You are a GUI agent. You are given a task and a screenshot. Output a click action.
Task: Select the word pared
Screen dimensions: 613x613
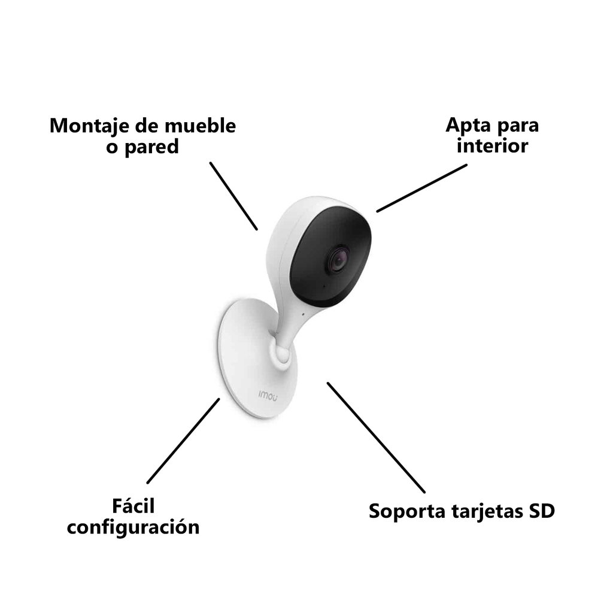tap(151, 148)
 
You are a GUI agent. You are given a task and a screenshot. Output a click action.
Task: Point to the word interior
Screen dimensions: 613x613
tap(493, 145)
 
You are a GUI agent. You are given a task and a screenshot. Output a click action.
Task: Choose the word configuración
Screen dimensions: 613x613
tap(133, 527)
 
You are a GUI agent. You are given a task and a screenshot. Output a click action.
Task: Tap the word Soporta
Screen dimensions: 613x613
tap(407, 511)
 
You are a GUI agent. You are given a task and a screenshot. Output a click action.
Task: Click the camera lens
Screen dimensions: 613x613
tap(338, 260)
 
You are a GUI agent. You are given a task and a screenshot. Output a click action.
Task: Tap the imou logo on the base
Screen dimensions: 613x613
tap(268, 396)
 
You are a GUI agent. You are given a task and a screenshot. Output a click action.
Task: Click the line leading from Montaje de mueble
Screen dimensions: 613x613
tap(234, 196)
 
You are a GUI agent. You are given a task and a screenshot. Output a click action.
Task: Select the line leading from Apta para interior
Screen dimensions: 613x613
tap(422, 189)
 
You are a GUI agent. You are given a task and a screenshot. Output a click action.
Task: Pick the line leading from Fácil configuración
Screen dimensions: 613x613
tap(183, 441)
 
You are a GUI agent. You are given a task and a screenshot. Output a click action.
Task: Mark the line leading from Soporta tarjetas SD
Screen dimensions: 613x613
tap(376, 438)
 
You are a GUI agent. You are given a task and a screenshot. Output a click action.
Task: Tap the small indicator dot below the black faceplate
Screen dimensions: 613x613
tap(302, 314)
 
